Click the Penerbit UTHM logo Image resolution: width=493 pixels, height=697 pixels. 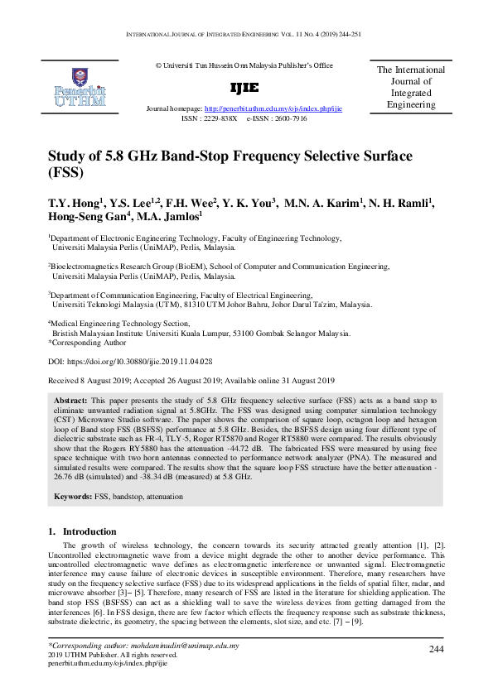click(79, 88)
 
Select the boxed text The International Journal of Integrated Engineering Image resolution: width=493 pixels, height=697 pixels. click(411, 88)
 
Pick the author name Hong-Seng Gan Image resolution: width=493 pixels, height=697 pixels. click(83, 219)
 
